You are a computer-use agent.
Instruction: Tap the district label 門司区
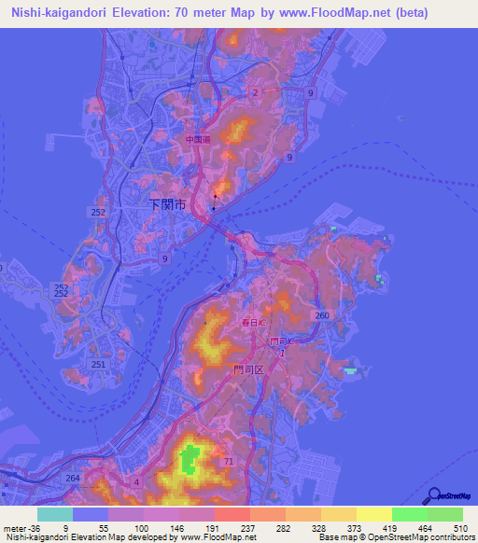[251, 369]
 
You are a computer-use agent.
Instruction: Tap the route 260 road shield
[322, 316]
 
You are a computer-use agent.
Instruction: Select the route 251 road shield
[98, 363]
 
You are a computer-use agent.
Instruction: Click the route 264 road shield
[73, 479]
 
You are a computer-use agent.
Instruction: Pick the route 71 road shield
[228, 461]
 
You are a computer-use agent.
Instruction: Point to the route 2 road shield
[254, 92]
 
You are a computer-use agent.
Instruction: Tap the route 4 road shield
[136, 481]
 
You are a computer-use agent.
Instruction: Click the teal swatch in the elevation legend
[55, 514]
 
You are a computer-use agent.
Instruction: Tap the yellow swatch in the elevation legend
[373, 514]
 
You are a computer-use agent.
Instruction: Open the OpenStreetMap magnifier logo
[430, 496]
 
